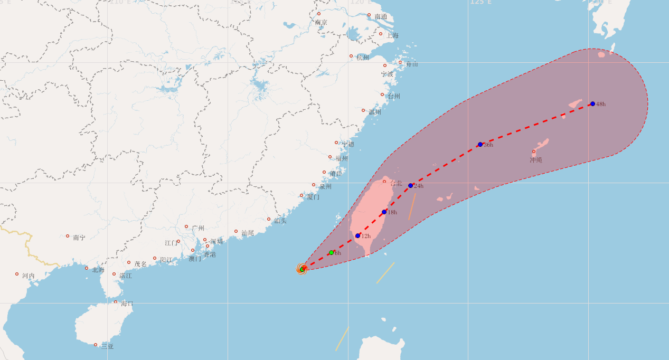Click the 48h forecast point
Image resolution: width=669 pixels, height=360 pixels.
pyautogui.click(x=592, y=104)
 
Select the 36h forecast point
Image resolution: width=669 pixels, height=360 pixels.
pyautogui.click(x=480, y=144)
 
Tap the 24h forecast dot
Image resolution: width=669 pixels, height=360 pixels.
pyautogui.click(x=410, y=185)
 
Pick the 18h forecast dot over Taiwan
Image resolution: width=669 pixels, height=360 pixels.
pyautogui.click(x=384, y=212)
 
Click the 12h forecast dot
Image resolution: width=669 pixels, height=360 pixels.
pyautogui.click(x=357, y=235)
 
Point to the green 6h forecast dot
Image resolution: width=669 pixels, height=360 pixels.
pyautogui.click(x=331, y=252)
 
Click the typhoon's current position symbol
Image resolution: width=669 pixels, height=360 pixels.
pyautogui.click(x=302, y=269)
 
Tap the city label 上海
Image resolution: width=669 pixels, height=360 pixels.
pyautogui.click(x=392, y=35)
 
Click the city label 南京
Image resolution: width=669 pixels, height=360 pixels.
pyautogui.click(x=321, y=23)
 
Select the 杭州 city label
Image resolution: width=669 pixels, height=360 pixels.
pyautogui.click(x=363, y=58)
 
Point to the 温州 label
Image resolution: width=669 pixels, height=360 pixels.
pyautogui.click(x=375, y=112)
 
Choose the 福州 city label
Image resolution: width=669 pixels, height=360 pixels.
pyautogui.click(x=342, y=158)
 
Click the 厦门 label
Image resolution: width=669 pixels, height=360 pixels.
pyautogui.click(x=313, y=197)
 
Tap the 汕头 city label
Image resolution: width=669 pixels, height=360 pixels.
pyautogui.click(x=280, y=221)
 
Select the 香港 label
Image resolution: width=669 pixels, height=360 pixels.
pyautogui.click(x=210, y=254)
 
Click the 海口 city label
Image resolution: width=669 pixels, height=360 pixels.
pyautogui.click(x=127, y=304)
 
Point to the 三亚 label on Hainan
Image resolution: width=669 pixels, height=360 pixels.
pyautogui.click(x=107, y=346)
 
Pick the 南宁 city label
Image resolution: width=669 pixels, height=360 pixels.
pyautogui.click(x=79, y=238)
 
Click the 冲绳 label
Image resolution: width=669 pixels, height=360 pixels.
pyautogui.click(x=536, y=160)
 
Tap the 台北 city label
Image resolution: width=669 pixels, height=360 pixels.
pyautogui.click(x=396, y=183)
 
